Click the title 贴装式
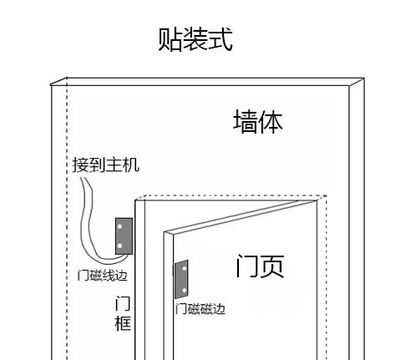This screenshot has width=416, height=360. point(195,39)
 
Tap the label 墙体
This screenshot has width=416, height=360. point(258,121)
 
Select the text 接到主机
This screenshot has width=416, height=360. point(105,165)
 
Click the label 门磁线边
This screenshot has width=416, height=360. point(102,276)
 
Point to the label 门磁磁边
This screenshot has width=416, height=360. point(200,309)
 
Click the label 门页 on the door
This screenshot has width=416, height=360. point(260,266)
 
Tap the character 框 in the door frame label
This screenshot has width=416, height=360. point(123,323)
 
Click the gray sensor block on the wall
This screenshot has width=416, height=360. point(124,236)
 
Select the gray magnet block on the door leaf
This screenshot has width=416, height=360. point(181,279)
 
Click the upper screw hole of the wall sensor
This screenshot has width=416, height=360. point(119,226)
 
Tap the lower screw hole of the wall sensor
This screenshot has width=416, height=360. point(119,246)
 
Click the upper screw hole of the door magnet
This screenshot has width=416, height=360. point(185,269)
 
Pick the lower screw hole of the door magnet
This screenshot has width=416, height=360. point(185,291)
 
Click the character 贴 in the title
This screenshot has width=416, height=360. point(170,39)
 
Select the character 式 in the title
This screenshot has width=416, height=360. point(221,39)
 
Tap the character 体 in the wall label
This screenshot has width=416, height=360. point(271,121)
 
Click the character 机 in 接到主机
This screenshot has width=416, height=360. point(131,165)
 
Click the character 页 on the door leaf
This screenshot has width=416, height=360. point(272,266)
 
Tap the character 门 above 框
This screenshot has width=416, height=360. point(123,303)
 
